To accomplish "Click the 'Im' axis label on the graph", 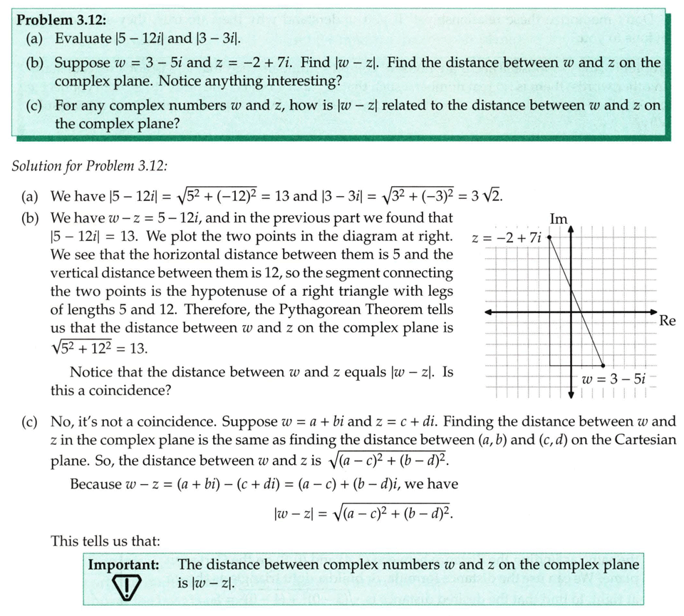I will [559, 219].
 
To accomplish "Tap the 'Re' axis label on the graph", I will [667, 320].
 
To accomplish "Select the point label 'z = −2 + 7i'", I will [507, 237].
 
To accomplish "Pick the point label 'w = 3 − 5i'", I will [613, 379].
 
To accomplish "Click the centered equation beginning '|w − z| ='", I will [358, 513].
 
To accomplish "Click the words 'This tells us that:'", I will [105, 541].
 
